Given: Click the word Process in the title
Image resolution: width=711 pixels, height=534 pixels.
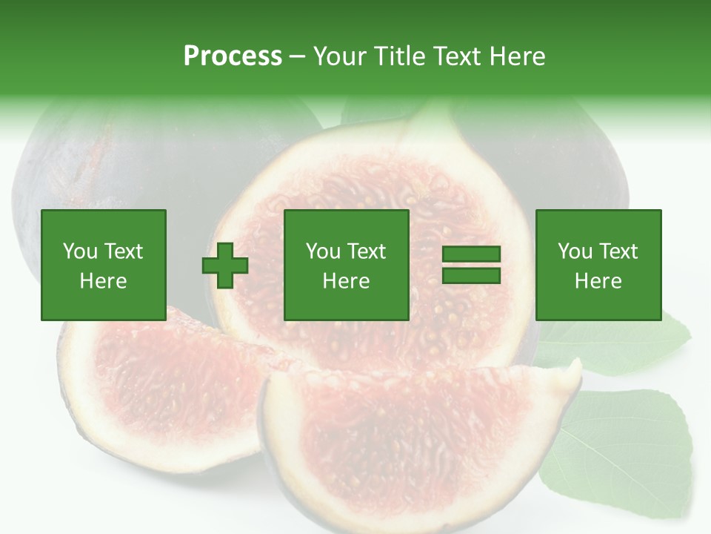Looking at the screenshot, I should tap(233, 56).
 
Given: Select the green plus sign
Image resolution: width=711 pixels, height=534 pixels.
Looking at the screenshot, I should tap(225, 265).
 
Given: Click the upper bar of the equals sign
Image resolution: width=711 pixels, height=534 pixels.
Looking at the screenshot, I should tap(471, 254).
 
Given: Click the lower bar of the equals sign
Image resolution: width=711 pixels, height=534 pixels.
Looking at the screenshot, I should tap(471, 275).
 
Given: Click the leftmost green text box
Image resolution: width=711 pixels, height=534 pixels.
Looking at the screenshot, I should tap(103, 265).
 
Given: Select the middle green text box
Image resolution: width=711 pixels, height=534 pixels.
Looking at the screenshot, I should tap(346, 265).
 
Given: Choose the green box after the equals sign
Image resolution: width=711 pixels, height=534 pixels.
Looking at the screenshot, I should tap(598, 265).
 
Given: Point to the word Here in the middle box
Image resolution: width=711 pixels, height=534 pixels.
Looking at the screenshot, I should tap(346, 281).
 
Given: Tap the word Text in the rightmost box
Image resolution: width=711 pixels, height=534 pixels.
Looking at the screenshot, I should tap(618, 251).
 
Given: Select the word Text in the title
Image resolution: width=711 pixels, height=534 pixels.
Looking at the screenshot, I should tap(457, 56).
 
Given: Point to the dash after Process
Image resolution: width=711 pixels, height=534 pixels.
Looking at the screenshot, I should tap(298, 56).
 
